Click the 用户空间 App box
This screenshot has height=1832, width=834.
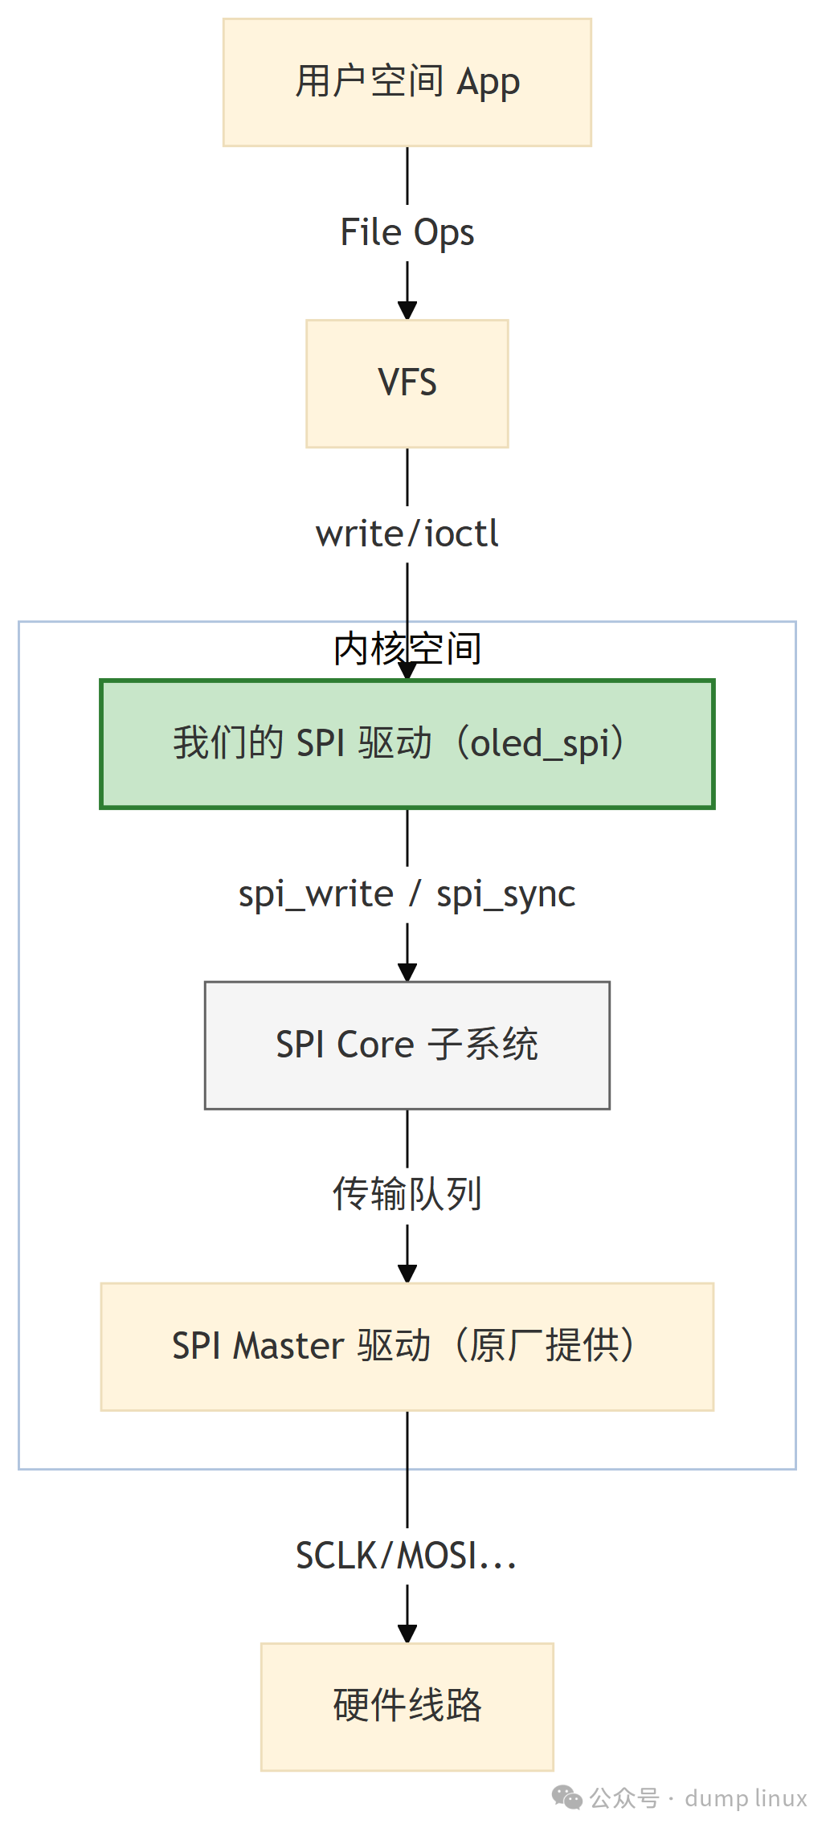(x=407, y=82)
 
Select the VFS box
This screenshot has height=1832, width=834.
(x=407, y=383)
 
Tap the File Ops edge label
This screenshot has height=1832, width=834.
(x=407, y=232)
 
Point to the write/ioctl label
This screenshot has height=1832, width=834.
(x=407, y=534)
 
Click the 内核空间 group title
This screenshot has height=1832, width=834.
(x=407, y=648)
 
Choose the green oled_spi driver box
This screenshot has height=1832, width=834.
(x=407, y=744)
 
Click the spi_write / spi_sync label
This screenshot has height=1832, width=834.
(x=407, y=894)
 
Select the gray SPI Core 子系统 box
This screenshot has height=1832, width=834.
(x=407, y=1045)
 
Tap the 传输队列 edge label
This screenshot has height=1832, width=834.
(x=407, y=1194)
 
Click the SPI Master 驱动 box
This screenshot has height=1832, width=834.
(x=407, y=1346)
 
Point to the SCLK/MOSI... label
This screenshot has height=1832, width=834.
(x=407, y=1556)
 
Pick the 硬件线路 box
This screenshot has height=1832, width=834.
(x=407, y=1706)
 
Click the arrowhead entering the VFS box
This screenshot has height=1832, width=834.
(x=407, y=310)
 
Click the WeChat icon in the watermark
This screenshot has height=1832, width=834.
(x=567, y=1797)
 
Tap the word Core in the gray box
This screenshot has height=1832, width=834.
(x=375, y=1045)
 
